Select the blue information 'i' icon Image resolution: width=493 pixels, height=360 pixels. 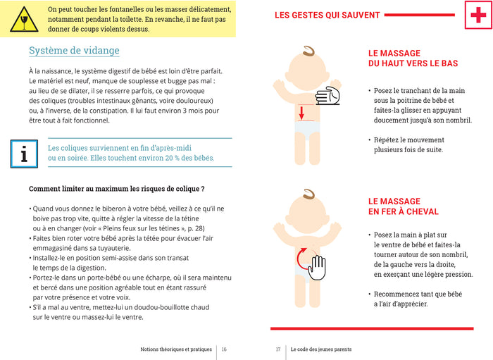(24, 152)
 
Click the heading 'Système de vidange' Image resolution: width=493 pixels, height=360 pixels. (74, 51)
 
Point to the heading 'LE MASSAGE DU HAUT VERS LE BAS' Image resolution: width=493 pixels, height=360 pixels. (413, 58)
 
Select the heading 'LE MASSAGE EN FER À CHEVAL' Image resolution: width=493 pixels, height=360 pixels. (404, 206)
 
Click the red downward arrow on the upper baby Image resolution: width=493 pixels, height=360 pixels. (301, 112)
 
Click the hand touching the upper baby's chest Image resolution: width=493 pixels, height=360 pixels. (328, 97)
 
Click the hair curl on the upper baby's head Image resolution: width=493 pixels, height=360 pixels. (308, 52)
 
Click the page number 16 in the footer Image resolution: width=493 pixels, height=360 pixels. (224, 349)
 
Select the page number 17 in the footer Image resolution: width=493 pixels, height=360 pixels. (278, 349)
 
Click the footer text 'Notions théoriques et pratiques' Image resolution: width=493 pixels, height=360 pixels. (176, 349)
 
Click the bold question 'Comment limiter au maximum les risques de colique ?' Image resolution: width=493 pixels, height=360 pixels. (116, 189)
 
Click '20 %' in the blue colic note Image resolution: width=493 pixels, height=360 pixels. (184, 158)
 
